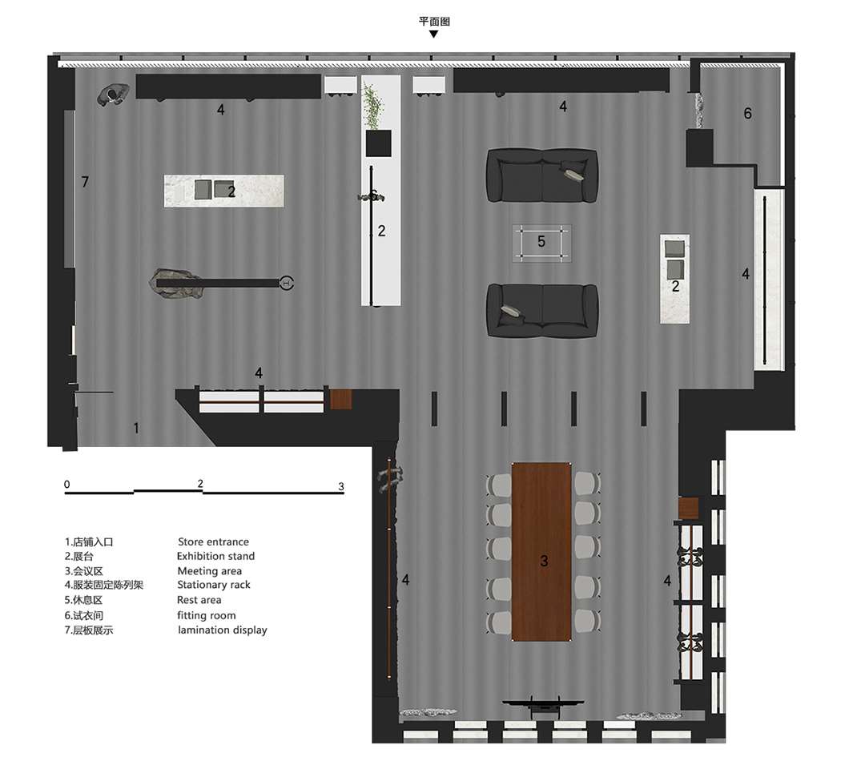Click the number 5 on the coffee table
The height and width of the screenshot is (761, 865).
pos(541,241)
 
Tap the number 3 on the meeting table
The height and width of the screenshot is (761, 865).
pos(544,561)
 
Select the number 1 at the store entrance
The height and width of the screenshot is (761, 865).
pos(136,427)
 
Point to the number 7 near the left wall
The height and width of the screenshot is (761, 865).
pos(85,182)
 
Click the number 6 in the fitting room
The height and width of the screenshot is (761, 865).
pos(747,113)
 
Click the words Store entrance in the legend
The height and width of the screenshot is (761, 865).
pos(213,542)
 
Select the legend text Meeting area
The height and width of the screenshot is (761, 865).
pos(210,571)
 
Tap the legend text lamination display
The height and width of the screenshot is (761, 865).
pos(223,630)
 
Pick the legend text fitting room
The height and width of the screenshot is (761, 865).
pos(207,614)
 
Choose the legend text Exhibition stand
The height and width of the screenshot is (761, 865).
pos(215,556)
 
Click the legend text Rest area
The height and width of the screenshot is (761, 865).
pos(199,600)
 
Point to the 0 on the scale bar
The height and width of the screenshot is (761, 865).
pos(66,484)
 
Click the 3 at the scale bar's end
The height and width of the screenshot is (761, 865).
pos(341,486)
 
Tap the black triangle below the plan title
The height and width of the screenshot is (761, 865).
pos(433,34)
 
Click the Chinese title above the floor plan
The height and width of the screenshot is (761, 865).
pos(434,21)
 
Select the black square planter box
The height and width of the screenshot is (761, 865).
pos(378,143)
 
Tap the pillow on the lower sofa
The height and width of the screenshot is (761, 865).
pos(513,312)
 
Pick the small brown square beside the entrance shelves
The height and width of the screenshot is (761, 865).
pos(340,399)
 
